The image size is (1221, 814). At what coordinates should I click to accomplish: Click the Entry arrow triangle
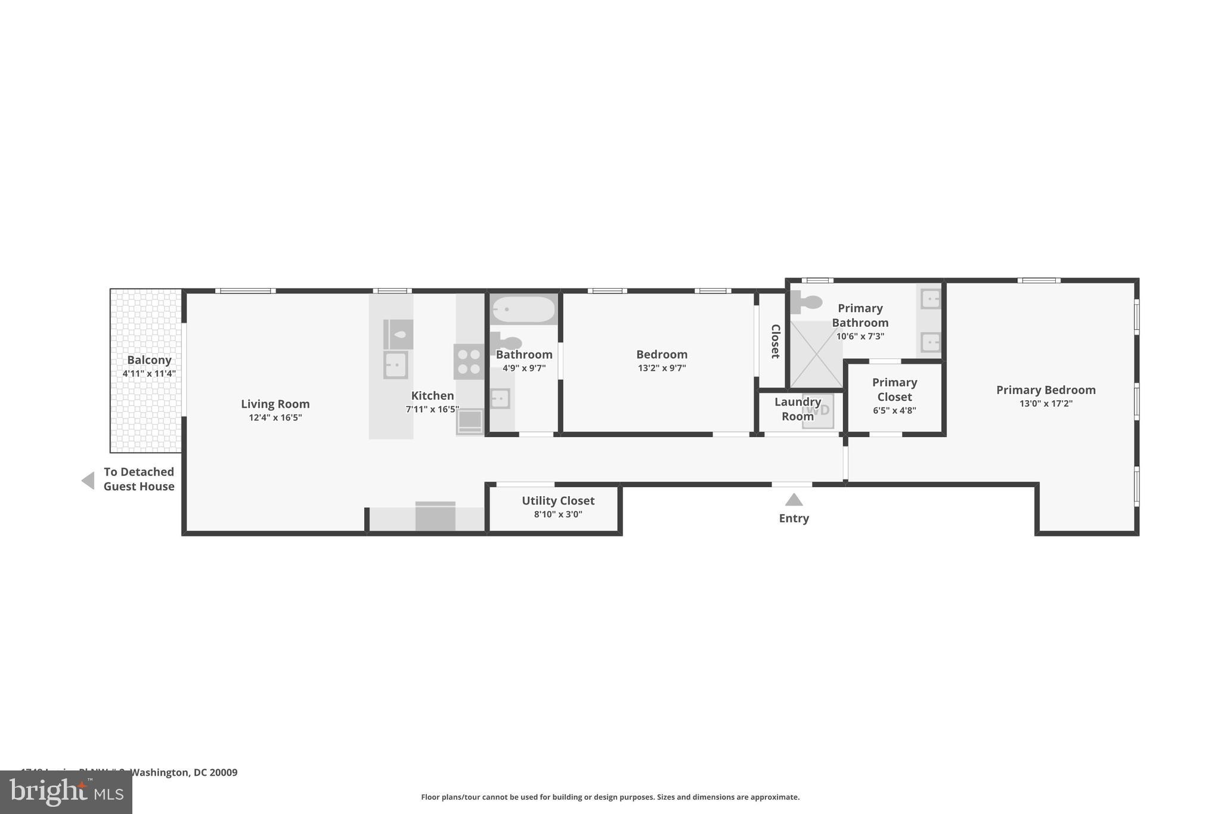tap(794, 500)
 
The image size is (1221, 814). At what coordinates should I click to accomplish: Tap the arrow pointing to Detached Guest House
tap(88, 481)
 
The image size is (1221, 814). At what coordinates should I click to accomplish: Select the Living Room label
tap(275, 404)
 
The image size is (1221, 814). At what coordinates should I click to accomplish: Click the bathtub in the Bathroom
tap(523, 309)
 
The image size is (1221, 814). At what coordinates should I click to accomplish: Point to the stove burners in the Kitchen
tap(469, 361)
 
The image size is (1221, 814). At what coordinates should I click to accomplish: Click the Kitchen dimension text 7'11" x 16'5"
tap(432, 410)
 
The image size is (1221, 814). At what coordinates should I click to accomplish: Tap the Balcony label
tap(149, 360)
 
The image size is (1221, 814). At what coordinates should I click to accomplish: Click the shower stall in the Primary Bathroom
tap(816, 354)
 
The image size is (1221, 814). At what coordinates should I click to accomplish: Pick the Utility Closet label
tap(558, 501)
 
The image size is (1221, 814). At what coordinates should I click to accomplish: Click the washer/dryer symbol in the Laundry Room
tap(817, 411)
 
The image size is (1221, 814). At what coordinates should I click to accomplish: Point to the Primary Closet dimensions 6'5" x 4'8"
tap(894, 411)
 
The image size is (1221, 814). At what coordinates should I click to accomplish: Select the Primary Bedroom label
tap(1046, 390)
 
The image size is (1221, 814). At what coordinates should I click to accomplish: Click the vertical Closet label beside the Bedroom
tap(775, 341)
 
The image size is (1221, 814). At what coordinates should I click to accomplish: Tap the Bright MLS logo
tap(66, 792)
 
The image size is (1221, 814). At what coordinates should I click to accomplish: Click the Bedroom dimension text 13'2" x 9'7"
tap(662, 369)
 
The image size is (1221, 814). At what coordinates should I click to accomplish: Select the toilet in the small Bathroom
tap(506, 343)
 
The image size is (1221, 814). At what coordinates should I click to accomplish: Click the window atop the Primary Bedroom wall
tap(1039, 280)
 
